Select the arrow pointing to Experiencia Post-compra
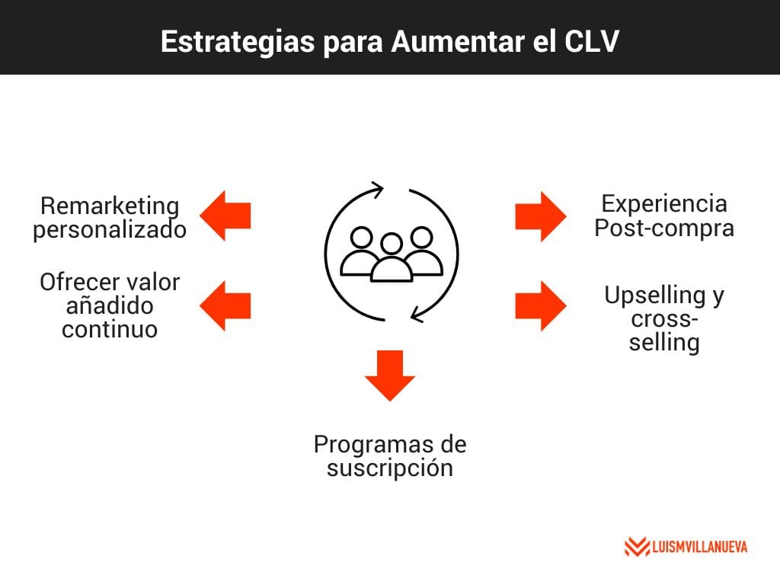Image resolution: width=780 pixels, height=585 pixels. click(x=541, y=216)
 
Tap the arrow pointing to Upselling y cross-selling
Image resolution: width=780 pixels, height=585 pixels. click(x=541, y=305)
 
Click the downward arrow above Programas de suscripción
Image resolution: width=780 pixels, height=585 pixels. click(x=390, y=375)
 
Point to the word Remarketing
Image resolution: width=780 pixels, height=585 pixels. click(x=110, y=206)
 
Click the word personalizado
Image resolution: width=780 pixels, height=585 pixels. click(x=110, y=229)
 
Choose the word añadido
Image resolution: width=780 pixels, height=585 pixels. click(x=110, y=306)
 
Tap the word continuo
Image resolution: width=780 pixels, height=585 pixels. click(x=110, y=330)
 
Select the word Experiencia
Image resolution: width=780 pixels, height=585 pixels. click(x=664, y=203)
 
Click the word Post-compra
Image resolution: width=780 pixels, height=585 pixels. click(x=664, y=228)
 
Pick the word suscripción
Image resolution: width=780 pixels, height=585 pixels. click(x=390, y=468)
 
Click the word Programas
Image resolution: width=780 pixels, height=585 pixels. click(x=369, y=443)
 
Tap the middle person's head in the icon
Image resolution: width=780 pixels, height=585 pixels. click(x=392, y=245)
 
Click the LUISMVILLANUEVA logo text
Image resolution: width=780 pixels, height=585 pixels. click(x=699, y=547)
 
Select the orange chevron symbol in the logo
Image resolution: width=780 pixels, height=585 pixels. click(x=637, y=547)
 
